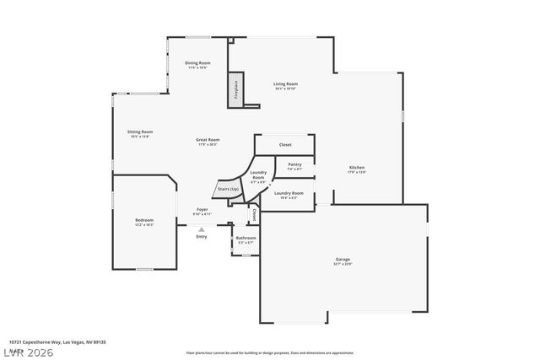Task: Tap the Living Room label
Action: pyautogui.click(x=285, y=85)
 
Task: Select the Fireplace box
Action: pyautogui.click(x=235, y=92)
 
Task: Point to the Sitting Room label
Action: pyautogui.click(x=140, y=133)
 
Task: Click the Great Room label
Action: pyautogui.click(x=208, y=142)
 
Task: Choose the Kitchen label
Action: pyautogui.click(x=357, y=169)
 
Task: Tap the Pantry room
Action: pyautogui.click(x=294, y=166)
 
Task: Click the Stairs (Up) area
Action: pyautogui.click(x=228, y=190)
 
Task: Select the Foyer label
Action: pyautogui.click(x=202, y=211)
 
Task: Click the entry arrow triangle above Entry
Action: pyautogui.click(x=201, y=228)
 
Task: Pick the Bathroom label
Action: pyautogui.click(x=246, y=239)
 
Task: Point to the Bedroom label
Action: pyautogui.click(x=144, y=222)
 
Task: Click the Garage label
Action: pyautogui.click(x=343, y=261)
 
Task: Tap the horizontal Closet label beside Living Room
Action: pyautogui.click(x=285, y=144)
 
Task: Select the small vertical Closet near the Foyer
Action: pyautogui.click(x=253, y=215)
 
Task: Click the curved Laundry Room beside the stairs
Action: pyautogui.click(x=258, y=178)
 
